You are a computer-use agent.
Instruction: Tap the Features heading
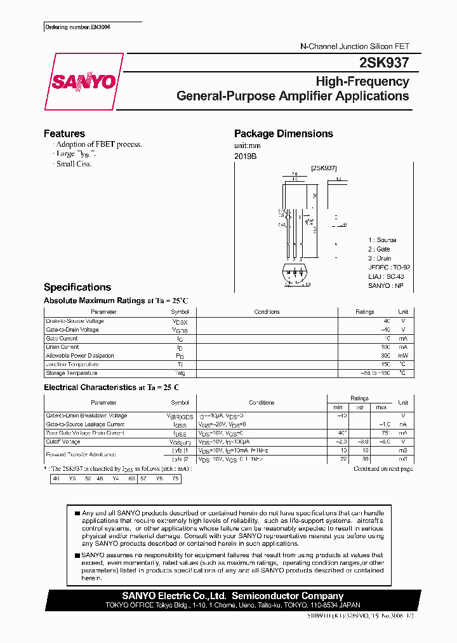coord(64,133)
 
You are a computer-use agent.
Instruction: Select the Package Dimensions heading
coord(283,133)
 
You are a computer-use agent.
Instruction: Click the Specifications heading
coord(77,287)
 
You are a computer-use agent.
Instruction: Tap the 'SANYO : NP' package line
coord(386,286)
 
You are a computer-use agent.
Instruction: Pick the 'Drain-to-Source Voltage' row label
coord(75,321)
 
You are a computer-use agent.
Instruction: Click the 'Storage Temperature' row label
coord(71,373)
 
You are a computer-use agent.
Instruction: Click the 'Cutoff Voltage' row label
coord(63,442)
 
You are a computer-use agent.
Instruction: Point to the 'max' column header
coord(381,407)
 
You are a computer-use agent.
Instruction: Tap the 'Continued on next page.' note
coord(383,469)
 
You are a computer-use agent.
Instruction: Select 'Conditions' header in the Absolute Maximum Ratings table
coord(267,312)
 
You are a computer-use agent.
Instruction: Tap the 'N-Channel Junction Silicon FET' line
coord(354,46)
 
